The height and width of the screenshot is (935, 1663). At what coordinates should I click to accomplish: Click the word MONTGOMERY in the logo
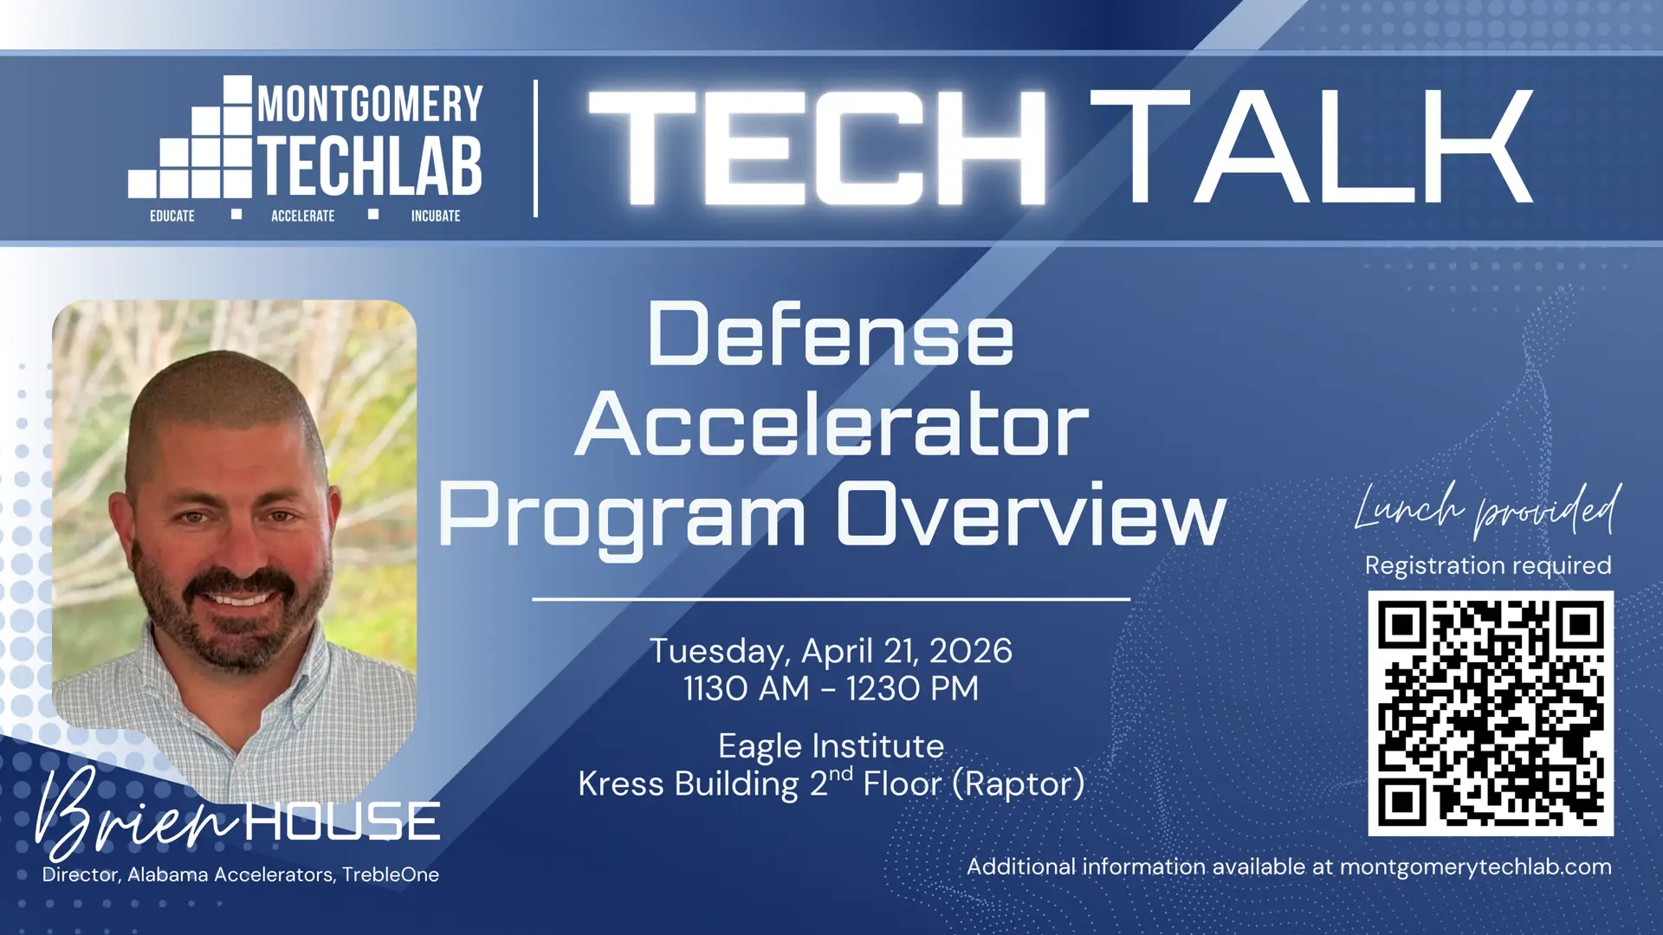[370, 104]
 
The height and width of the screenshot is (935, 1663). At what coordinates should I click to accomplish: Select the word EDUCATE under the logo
[172, 216]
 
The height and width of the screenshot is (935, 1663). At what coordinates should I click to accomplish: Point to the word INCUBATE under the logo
[436, 216]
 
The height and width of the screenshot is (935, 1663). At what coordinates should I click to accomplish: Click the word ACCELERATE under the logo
[302, 216]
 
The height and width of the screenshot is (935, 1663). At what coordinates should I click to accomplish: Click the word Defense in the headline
[830, 335]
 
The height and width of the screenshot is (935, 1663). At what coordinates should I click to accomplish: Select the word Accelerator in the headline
[831, 424]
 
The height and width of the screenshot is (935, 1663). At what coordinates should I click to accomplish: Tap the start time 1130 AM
[746, 689]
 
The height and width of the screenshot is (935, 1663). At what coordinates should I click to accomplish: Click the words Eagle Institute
[831, 746]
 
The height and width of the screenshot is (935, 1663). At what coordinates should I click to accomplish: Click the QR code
[1490, 713]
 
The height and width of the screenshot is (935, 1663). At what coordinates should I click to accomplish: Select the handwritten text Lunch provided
[1487, 509]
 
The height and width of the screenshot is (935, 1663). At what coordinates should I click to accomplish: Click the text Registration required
[1487, 565]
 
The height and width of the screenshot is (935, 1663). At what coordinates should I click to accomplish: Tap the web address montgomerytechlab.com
[1475, 867]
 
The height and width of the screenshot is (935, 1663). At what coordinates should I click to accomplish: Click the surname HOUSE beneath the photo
[342, 821]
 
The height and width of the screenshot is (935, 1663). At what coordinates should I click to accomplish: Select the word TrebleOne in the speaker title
[391, 874]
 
